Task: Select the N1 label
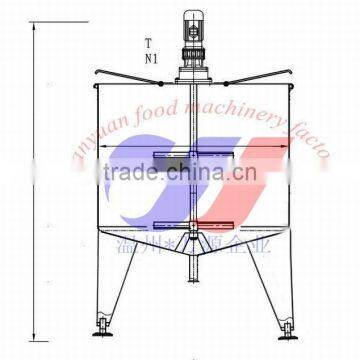point(150,58)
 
